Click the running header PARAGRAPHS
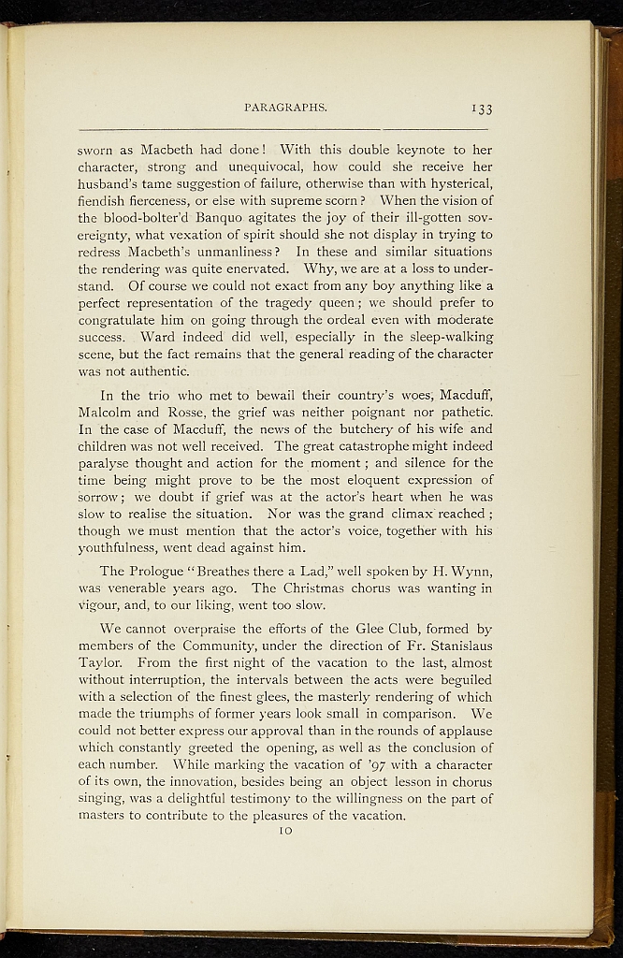coord(285,108)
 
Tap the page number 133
coord(482,109)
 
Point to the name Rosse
coord(193,413)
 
